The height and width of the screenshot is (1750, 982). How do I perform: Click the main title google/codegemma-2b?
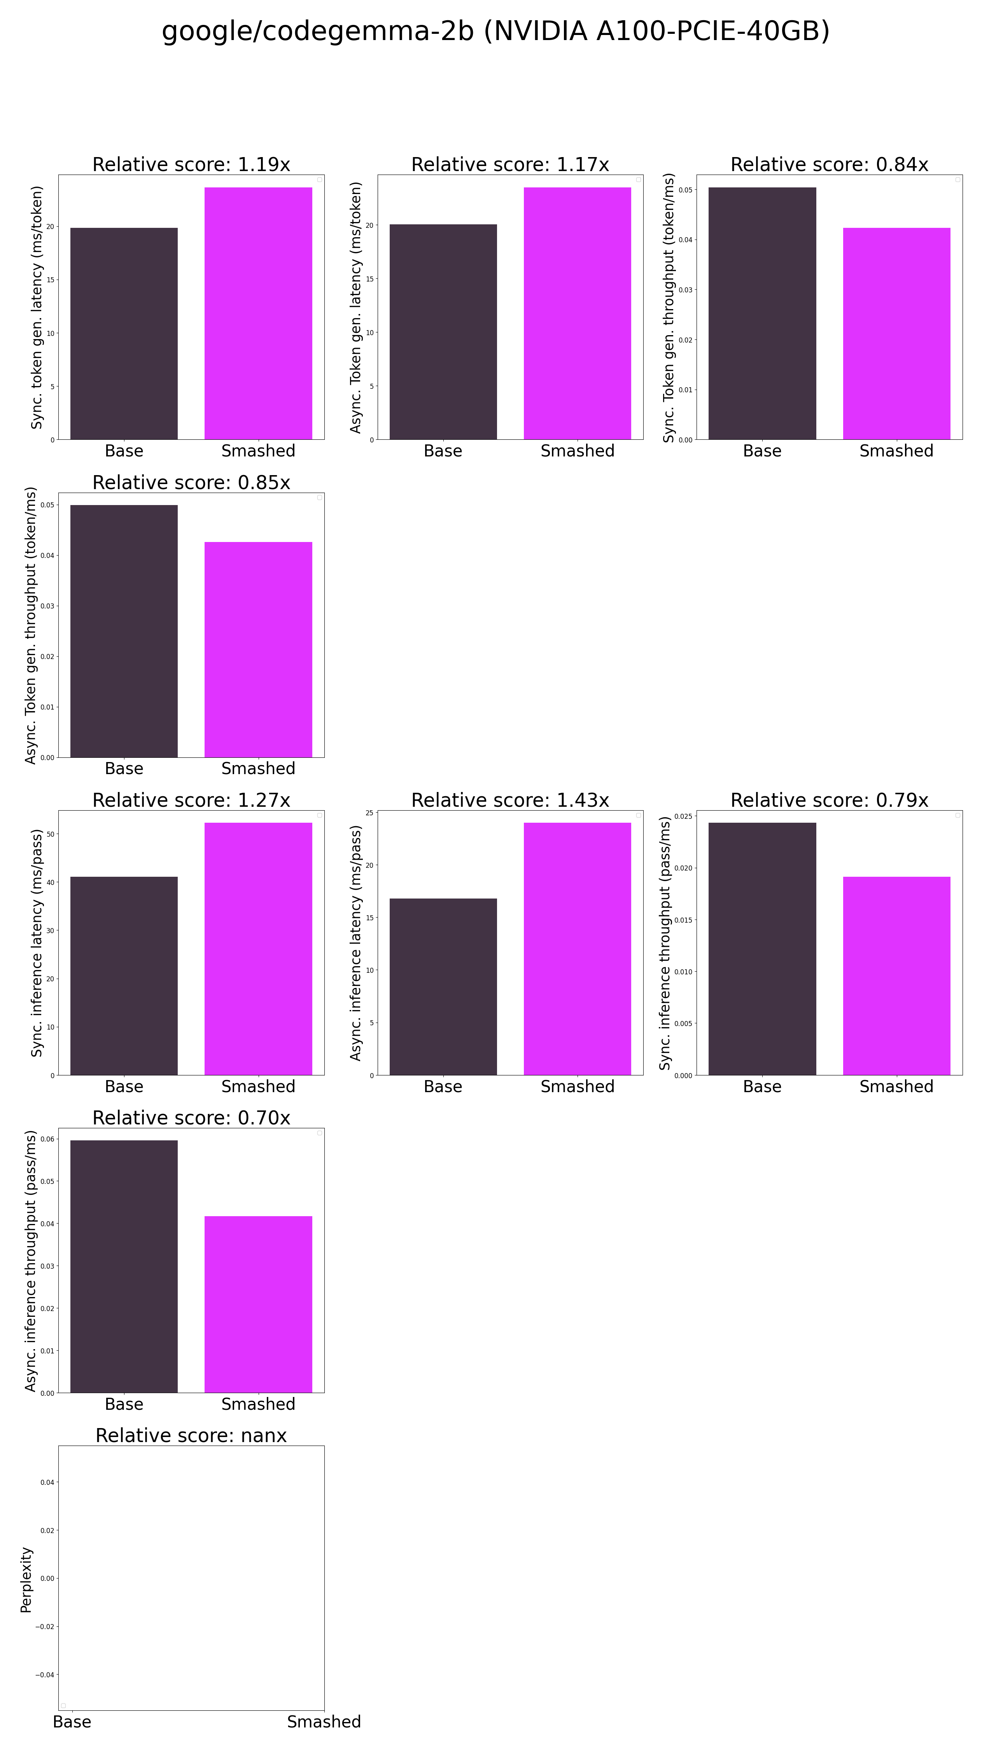495,31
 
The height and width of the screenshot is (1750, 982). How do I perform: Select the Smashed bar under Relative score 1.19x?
258,313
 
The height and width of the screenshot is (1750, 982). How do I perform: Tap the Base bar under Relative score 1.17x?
443,332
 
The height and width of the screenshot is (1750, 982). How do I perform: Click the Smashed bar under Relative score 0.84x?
896,334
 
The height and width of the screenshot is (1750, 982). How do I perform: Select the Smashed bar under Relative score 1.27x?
258,948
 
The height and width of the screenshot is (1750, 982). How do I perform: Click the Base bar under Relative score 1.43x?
443,986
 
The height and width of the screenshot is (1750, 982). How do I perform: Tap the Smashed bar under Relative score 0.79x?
896,976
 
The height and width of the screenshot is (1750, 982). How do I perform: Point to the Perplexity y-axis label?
26,1579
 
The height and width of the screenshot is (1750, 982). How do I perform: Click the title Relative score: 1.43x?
510,800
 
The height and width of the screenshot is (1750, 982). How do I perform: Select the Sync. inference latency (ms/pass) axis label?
37,943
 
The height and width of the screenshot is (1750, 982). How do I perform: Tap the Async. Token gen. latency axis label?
355,307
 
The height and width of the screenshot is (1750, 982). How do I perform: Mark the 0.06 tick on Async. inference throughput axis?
47,1139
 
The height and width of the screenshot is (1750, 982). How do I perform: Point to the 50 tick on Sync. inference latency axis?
50,834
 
